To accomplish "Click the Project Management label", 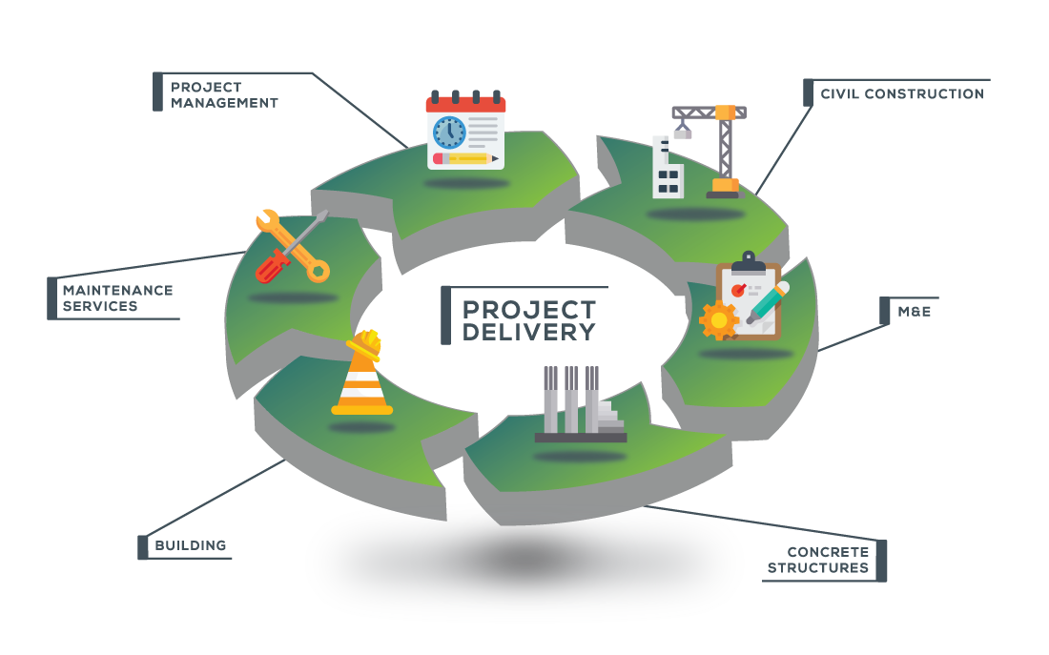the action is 224,95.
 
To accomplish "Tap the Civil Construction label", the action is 902,93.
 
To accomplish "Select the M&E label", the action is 914,312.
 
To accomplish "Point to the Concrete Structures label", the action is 818,560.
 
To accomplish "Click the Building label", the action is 191,545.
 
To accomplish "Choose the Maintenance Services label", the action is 117,298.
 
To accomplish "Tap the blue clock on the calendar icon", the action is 449,132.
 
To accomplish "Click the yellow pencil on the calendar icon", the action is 465,158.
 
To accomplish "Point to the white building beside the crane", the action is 667,168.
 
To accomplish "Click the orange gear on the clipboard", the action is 718,320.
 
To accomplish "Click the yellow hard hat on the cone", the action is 364,344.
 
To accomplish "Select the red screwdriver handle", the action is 273,267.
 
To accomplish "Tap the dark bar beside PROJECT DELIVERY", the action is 445,316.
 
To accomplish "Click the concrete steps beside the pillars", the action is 610,416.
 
